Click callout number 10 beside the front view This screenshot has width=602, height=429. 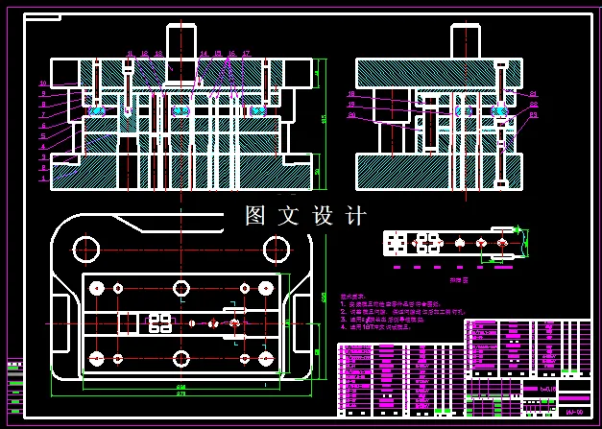point(42,83)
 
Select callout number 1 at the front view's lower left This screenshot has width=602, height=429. point(42,179)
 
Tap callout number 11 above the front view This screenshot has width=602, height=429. point(131,54)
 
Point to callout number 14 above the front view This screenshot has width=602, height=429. point(204,54)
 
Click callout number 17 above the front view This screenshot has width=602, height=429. point(246,54)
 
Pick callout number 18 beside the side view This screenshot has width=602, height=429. point(351,94)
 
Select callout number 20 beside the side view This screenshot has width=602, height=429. point(351,115)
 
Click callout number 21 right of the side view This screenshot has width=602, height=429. point(534,94)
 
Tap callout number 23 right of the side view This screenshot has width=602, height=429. point(534,115)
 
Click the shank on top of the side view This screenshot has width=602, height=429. point(466,41)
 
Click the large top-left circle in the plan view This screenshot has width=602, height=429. point(86,249)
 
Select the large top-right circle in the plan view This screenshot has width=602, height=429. point(277,249)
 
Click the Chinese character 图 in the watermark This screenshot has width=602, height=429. point(255,216)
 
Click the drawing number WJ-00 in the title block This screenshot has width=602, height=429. point(574,410)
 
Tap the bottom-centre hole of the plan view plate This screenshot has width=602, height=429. point(181,359)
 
